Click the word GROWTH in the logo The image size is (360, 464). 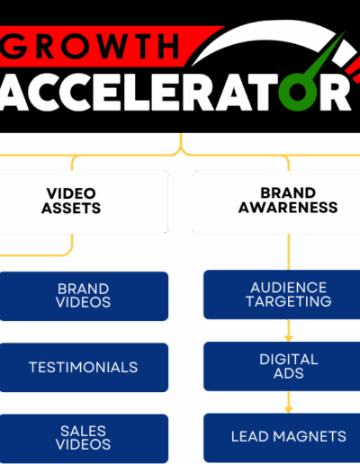pyautogui.click(x=90, y=46)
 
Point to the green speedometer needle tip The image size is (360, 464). pyautogui.click(x=345, y=31)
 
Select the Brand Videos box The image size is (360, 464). pyautogui.click(x=84, y=296)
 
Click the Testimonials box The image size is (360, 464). pyautogui.click(x=84, y=368)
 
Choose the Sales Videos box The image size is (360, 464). pyautogui.click(x=84, y=438)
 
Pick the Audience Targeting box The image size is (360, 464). pyautogui.click(x=282, y=295)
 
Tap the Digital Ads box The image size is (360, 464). pyautogui.click(x=282, y=366)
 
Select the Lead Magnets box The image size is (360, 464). pyautogui.click(x=282, y=438)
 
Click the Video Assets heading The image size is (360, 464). pyautogui.click(x=71, y=201)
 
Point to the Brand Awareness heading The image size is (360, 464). pyautogui.click(x=288, y=201)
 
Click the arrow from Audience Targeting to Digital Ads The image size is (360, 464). pyautogui.click(x=289, y=330)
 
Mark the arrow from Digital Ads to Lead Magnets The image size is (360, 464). pyautogui.click(x=289, y=402)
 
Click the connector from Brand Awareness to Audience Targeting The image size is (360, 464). pyautogui.click(x=289, y=252)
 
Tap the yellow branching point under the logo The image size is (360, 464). pyautogui.click(x=181, y=150)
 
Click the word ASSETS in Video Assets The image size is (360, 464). pyautogui.click(x=71, y=208)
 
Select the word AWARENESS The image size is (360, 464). pyautogui.click(x=288, y=208)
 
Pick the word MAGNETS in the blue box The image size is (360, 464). pyautogui.click(x=310, y=436)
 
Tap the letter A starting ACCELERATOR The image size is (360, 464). pyautogui.click(x=12, y=92)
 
